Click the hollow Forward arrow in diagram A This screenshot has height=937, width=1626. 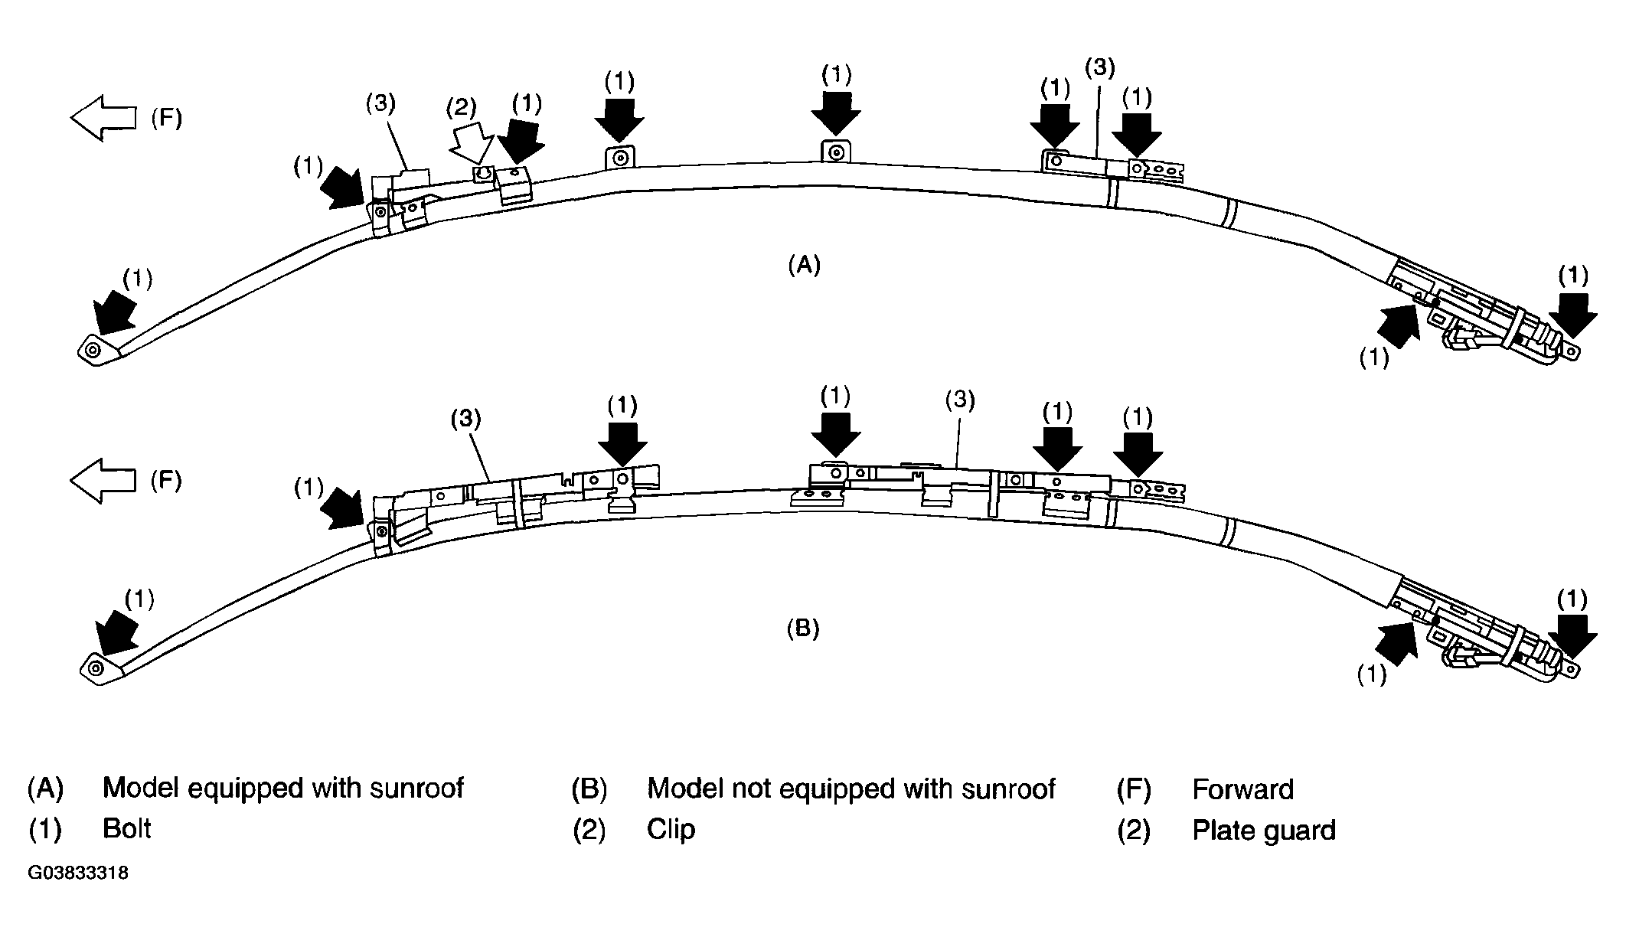(103, 118)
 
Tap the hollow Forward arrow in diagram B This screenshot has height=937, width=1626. (103, 481)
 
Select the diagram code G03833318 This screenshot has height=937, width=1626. (78, 873)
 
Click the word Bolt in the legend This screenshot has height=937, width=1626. (127, 829)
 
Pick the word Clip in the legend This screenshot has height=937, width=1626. (671, 830)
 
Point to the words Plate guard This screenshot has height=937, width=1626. (1263, 831)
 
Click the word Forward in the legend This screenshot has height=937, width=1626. (1242, 789)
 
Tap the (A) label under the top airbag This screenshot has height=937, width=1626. (804, 266)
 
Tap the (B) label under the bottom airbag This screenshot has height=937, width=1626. (803, 629)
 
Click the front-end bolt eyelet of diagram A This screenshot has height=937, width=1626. (93, 351)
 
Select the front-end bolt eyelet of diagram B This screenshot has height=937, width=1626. (96, 669)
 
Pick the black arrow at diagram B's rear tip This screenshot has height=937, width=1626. (1572, 635)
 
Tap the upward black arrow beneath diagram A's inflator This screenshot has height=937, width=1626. (1397, 325)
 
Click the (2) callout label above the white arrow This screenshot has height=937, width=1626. (462, 107)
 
